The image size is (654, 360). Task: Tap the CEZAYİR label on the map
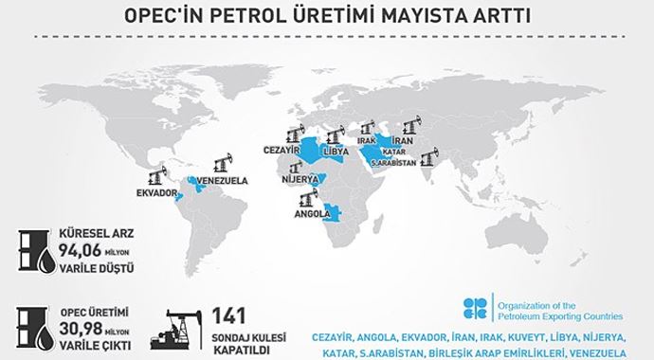click(282, 151)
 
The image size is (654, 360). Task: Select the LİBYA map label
click(336, 152)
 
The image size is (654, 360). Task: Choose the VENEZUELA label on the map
click(222, 179)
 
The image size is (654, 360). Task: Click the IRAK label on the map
click(368, 140)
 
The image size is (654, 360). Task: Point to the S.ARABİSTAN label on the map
click(397, 161)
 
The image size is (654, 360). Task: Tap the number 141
click(231, 315)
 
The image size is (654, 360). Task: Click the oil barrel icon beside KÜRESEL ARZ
click(31, 251)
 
